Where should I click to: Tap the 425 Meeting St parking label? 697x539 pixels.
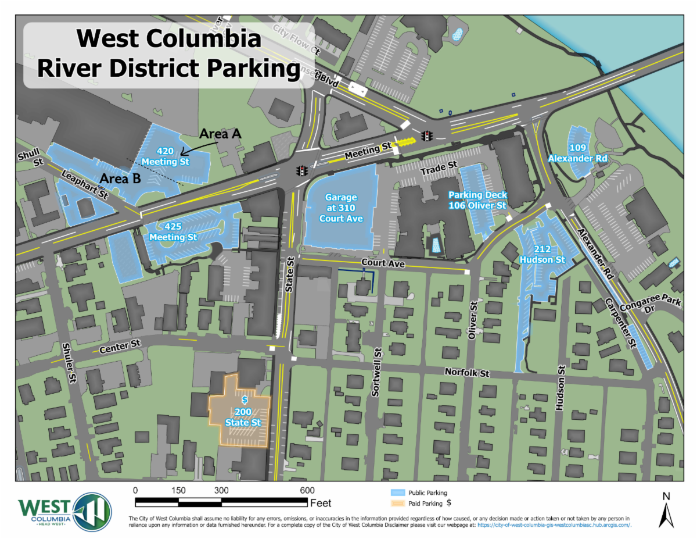click(x=173, y=232)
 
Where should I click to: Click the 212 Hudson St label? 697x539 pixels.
click(x=542, y=254)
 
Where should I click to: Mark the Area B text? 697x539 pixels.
click(x=120, y=179)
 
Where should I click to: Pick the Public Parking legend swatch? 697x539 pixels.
click(x=397, y=492)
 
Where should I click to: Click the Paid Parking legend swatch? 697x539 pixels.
click(x=397, y=504)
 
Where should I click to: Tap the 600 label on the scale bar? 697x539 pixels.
click(x=307, y=490)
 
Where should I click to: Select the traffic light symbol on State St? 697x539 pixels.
click(x=302, y=172)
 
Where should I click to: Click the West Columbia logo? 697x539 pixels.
click(x=64, y=511)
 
